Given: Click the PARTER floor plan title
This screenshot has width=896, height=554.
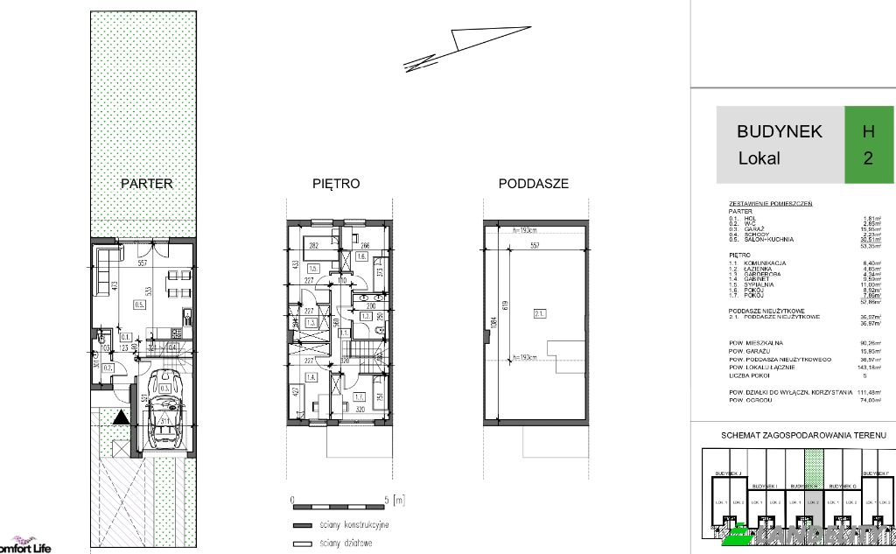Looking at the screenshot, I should tap(146, 184).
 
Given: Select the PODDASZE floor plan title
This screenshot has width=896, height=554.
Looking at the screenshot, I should tap(533, 184).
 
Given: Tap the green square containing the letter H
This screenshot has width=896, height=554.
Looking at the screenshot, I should tap(868, 131).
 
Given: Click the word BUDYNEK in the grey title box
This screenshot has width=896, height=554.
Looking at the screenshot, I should tap(779, 131).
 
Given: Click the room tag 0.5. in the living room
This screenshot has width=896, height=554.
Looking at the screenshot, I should tap(138, 305).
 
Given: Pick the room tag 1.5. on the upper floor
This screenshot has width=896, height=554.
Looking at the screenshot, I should tap(312, 269).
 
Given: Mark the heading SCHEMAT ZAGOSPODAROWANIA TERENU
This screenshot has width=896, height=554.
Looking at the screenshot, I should tap(802, 435).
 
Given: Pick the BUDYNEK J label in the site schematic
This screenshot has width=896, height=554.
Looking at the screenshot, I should tap(728, 473).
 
